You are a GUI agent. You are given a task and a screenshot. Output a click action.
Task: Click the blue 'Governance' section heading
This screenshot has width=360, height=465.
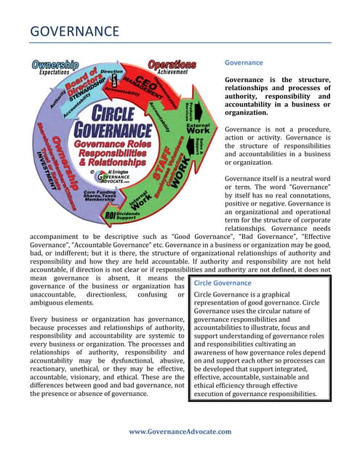244,63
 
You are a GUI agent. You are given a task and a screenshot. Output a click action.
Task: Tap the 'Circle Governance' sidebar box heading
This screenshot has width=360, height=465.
222,283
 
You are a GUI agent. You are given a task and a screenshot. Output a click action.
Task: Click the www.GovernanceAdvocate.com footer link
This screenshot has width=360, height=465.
180,432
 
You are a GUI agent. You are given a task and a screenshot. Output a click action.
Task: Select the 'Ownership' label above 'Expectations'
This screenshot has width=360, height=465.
55,65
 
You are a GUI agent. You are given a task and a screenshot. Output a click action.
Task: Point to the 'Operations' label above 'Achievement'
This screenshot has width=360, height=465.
172,65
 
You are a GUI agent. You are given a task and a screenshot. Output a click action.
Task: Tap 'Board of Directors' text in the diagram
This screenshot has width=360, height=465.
79,91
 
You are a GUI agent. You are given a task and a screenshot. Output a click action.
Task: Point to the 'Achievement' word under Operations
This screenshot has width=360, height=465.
172,73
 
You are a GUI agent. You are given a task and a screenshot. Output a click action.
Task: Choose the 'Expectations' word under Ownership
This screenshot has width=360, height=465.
54,73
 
